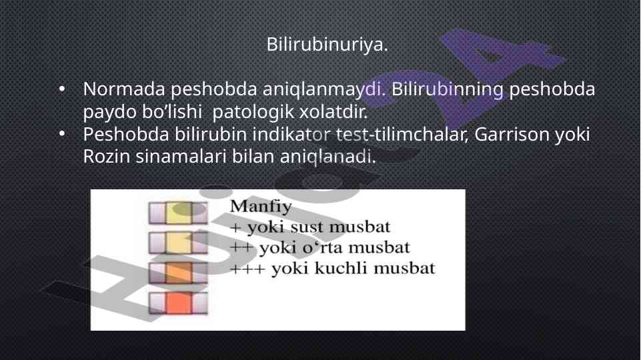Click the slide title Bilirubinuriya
tap(327, 44)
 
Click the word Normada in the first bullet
tap(124, 89)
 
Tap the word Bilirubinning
tap(447, 90)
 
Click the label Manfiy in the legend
tap(261, 207)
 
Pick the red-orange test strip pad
tap(179, 303)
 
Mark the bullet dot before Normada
tap(62, 89)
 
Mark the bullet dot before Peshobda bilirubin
tap(62, 133)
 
